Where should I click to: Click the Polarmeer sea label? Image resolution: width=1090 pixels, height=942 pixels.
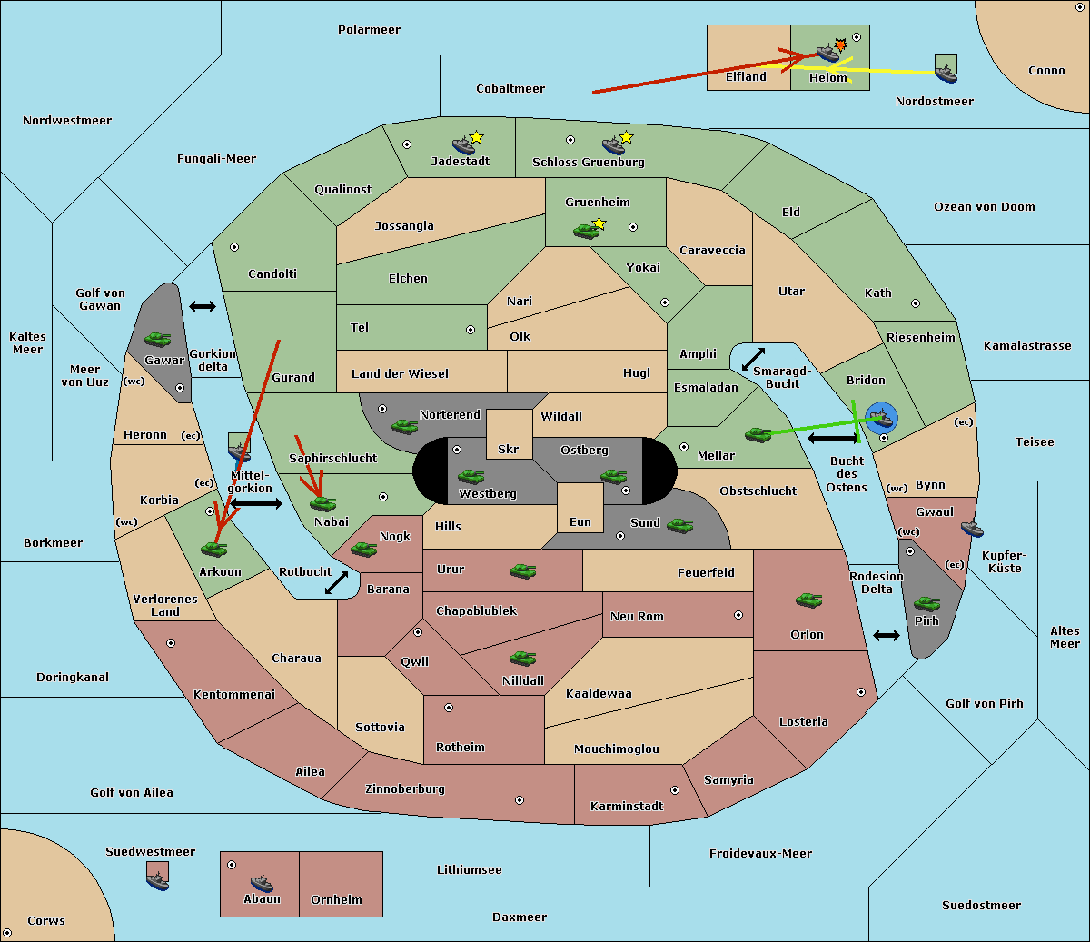pos(369,30)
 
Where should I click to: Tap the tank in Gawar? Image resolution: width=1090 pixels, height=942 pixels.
pos(158,339)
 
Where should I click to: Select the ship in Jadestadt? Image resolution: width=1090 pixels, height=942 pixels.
pos(464,145)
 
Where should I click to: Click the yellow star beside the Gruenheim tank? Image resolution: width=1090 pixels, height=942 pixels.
pos(599,223)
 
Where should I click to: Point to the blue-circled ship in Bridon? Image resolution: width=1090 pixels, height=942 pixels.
pos(881,418)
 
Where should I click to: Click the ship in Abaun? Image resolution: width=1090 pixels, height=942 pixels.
pos(263,882)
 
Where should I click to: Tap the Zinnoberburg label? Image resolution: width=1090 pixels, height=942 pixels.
pos(405,789)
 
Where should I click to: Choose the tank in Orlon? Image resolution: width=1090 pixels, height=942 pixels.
pos(809,600)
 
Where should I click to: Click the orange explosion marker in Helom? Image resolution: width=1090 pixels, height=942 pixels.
pos(840,45)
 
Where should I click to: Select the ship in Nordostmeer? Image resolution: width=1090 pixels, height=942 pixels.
pos(946,74)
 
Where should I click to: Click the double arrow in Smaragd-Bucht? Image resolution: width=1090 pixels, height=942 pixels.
pos(753,359)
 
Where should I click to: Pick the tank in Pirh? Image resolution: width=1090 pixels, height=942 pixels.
pos(926,603)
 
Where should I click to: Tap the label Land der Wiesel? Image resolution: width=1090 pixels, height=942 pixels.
pos(400,374)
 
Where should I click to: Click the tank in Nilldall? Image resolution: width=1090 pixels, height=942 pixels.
pos(522,658)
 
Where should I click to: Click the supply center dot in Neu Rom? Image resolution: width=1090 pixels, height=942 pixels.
pos(738,615)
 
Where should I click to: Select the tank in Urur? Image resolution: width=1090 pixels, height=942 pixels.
pos(522,571)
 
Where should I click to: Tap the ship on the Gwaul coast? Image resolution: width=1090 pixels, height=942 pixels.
pos(972,529)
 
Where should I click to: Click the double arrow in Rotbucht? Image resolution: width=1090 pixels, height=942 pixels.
pos(336,583)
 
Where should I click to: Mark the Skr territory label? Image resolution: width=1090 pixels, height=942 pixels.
pos(509,449)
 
